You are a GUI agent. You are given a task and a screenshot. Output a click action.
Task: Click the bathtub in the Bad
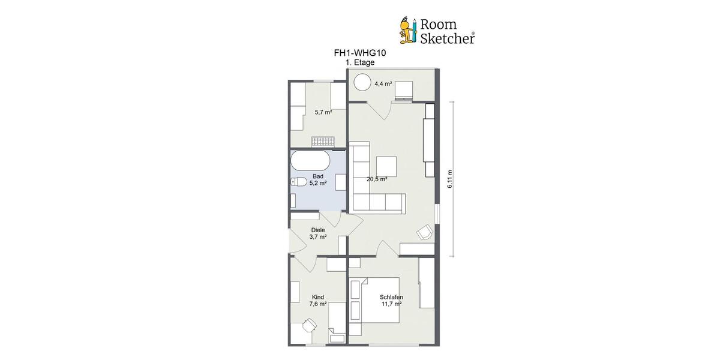[310, 161]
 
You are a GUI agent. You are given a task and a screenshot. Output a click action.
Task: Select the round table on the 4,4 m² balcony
[362, 81]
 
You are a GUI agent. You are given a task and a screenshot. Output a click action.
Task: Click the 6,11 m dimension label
[450, 179]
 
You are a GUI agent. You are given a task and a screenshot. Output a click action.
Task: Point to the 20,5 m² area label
[377, 179]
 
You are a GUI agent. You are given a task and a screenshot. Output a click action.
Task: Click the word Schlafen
[391, 297]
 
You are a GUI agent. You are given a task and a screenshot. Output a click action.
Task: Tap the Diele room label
[318, 230]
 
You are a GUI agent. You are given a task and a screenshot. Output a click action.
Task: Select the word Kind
[318, 297]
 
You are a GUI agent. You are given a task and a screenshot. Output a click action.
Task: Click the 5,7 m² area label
[323, 112]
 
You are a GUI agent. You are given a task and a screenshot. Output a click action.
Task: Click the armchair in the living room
[425, 232]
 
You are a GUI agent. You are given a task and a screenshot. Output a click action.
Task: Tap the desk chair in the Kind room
[310, 325]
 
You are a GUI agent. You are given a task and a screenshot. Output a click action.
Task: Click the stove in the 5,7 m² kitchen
[322, 142]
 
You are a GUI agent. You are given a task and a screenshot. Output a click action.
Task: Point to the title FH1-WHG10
[359, 53]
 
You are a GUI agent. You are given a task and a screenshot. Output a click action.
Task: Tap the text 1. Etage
[360, 62]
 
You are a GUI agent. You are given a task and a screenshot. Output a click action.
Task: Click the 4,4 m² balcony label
[383, 84]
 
